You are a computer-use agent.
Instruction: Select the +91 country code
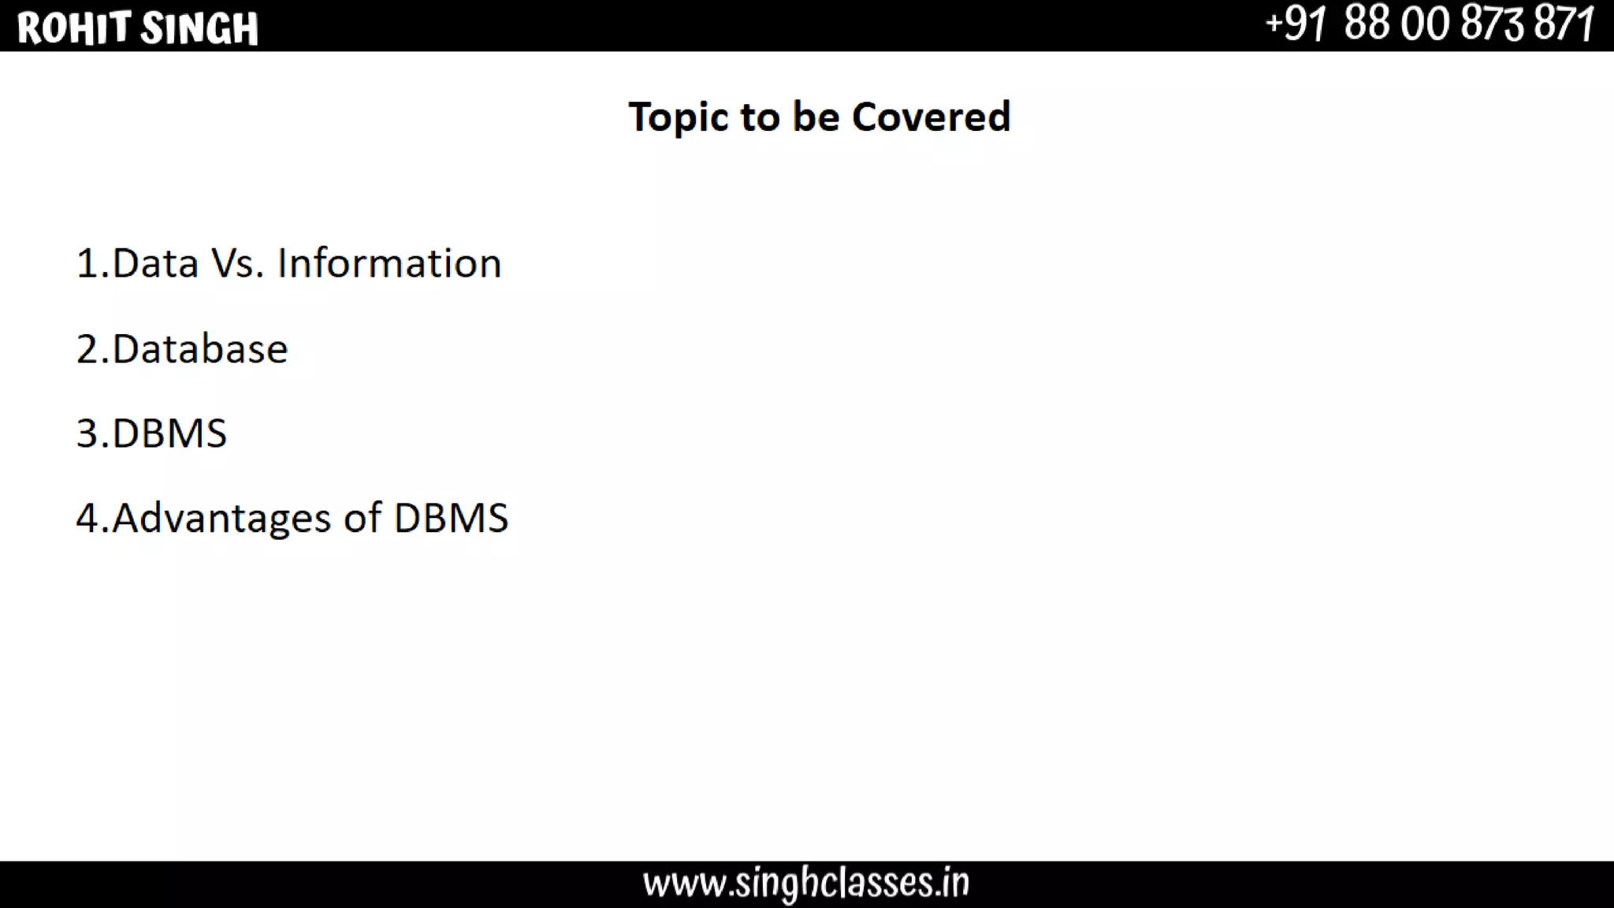[x=1296, y=24]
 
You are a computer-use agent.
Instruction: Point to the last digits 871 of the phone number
[x=1564, y=24]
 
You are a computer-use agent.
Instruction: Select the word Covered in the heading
[x=931, y=117]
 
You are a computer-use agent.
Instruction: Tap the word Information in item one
[x=389, y=263]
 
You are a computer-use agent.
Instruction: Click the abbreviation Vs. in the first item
[x=237, y=263]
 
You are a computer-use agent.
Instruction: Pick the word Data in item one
[x=155, y=263]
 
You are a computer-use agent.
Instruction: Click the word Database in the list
[x=200, y=349]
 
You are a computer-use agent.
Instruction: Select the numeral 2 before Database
[x=87, y=349]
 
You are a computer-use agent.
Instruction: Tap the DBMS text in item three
[x=169, y=434]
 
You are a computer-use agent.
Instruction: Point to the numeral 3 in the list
[x=87, y=434]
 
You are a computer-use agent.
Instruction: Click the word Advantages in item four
[x=221, y=519]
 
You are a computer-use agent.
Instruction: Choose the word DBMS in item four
[x=451, y=519]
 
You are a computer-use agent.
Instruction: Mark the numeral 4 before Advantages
[x=87, y=519]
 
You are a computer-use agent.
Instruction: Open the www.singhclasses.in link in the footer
[x=806, y=884]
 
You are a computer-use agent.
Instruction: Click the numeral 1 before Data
[x=87, y=263]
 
